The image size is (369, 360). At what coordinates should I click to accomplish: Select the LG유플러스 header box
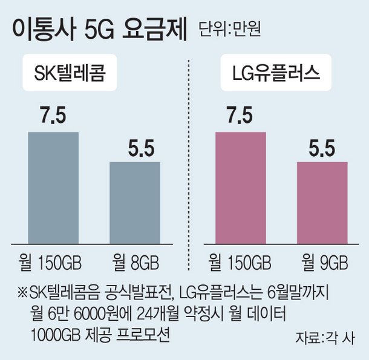277,76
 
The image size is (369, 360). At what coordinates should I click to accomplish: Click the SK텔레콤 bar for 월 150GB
54,187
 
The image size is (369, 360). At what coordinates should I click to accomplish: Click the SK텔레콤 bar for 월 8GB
135,202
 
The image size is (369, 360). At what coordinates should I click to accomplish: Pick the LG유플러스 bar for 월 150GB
241,187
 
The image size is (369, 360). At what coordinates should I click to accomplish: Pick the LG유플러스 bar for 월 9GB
322,202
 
